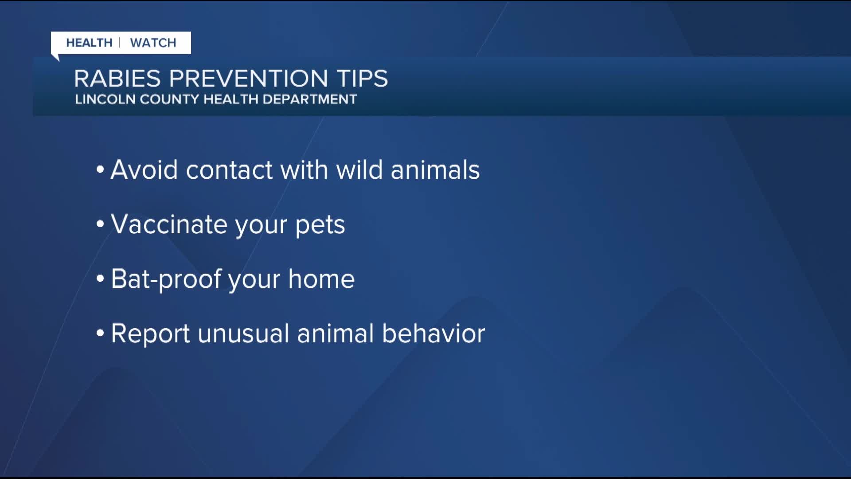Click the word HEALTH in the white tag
[89, 43]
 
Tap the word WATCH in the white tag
[153, 43]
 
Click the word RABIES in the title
[117, 79]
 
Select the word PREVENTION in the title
[248, 79]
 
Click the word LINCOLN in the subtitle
[105, 99]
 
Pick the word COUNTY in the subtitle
[170, 99]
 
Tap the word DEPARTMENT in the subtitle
[310, 99]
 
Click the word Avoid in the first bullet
[144, 170]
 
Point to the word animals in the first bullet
[435, 170]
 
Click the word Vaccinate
[169, 224]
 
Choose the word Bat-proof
[166, 280]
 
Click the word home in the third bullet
[321, 279]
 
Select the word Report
[150, 334]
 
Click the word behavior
[433, 334]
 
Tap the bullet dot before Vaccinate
[100, 224]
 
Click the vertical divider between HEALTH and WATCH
[120, 43]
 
